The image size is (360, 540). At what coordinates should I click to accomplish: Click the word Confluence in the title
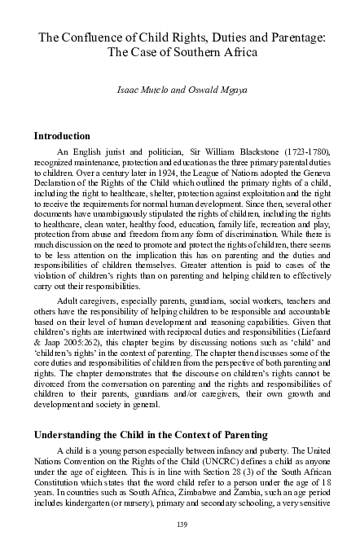click(90, 37)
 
